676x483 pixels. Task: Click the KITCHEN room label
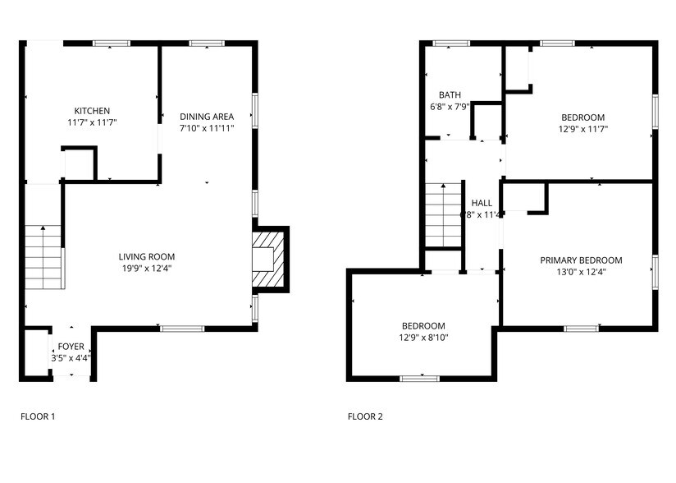point(92,111)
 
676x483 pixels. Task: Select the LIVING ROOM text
point(147,256)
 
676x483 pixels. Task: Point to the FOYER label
point(70,347)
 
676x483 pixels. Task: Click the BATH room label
point(450,94)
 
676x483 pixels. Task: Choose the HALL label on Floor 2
point(482,203)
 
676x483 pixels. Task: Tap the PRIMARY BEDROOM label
point(581,260)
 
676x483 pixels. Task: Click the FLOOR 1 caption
point(38,416)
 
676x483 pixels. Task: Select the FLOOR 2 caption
point(365,416)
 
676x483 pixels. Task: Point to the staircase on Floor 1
point(43,257)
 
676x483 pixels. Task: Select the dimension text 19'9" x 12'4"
point(147,268)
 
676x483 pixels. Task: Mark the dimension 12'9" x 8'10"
point(423,337)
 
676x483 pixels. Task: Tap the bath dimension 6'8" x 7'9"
point(450,106)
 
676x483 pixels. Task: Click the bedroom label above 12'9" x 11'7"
point(582,117)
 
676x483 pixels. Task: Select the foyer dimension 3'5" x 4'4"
point(70,358)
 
